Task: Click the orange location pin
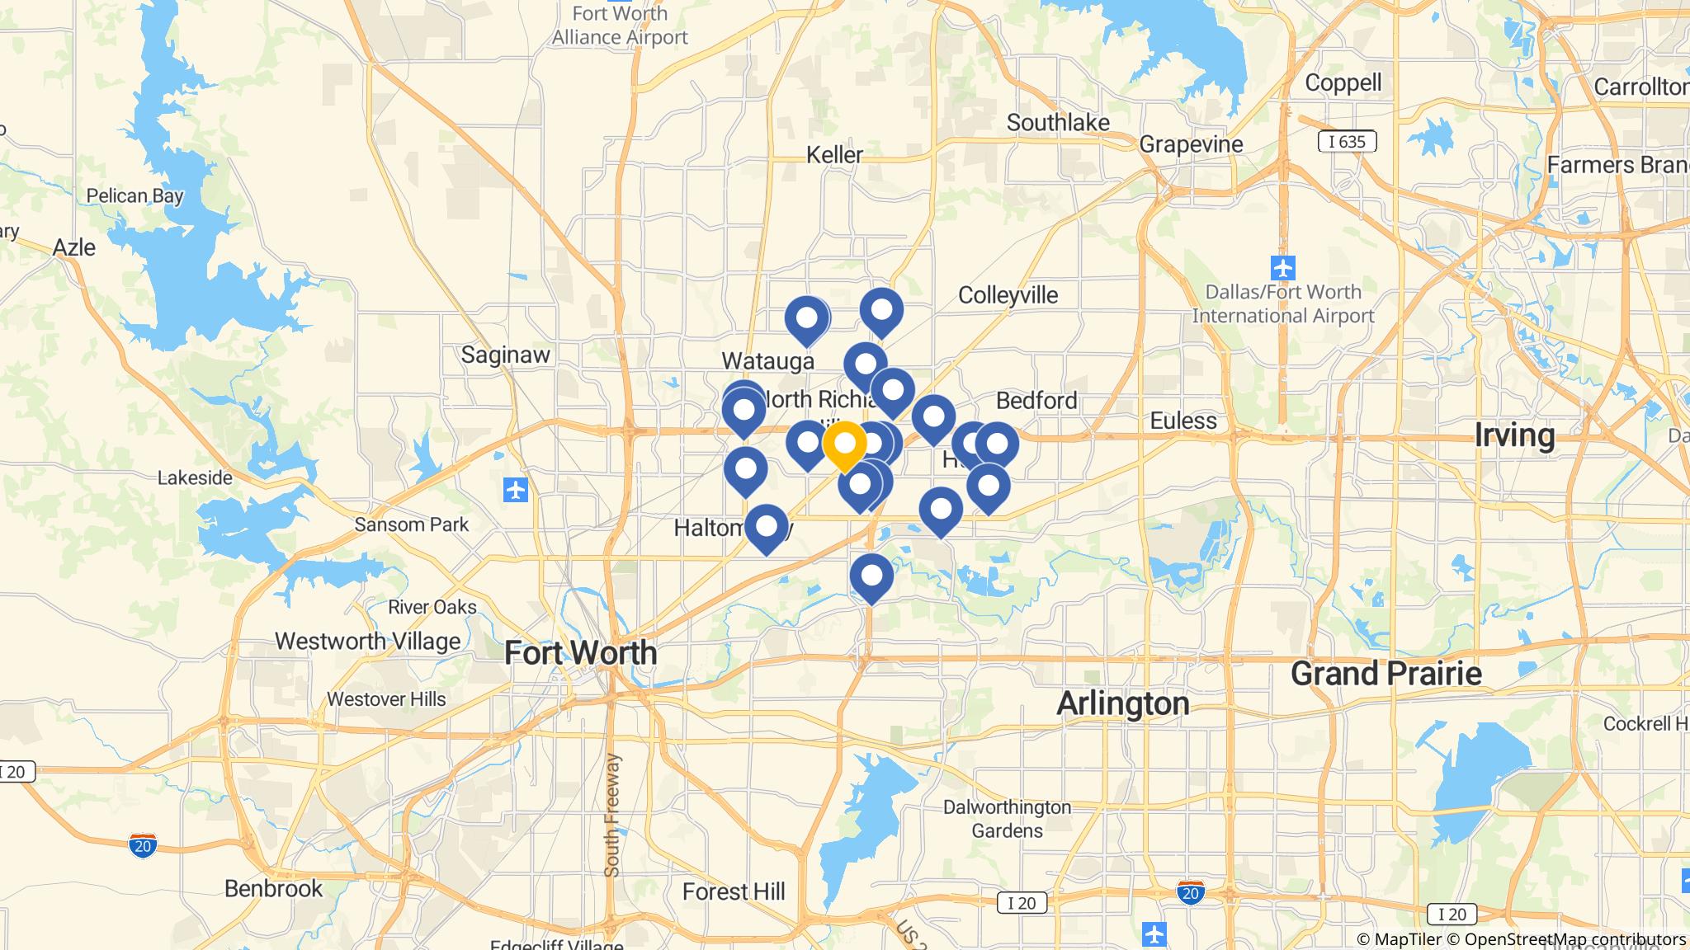(x=844, y=445)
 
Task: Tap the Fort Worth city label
(x=581, y=652)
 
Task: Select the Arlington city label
(x=1122, y=703)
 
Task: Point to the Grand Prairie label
(x=1386, y=674)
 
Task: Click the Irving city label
(x=1514, y=435)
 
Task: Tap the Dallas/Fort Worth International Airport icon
(x=1283, y=268)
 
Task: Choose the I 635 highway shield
(x=1347, y=142)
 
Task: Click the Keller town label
(x=834, y=154)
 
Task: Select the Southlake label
(x=1058, y=122)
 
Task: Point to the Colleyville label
(x=1008, y=294)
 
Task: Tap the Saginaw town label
(x=505, y=355)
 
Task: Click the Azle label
(x=74, y=247)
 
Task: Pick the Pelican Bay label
(x=135, y=195)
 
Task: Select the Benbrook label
(x=274, y=888)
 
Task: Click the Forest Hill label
(x=734, y=891)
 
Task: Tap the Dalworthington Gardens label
(x=1007, y=819)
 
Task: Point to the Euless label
(x=1183, y=421)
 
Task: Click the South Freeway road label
(x=611, y=815)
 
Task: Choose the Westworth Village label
(x=367, y=641)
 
